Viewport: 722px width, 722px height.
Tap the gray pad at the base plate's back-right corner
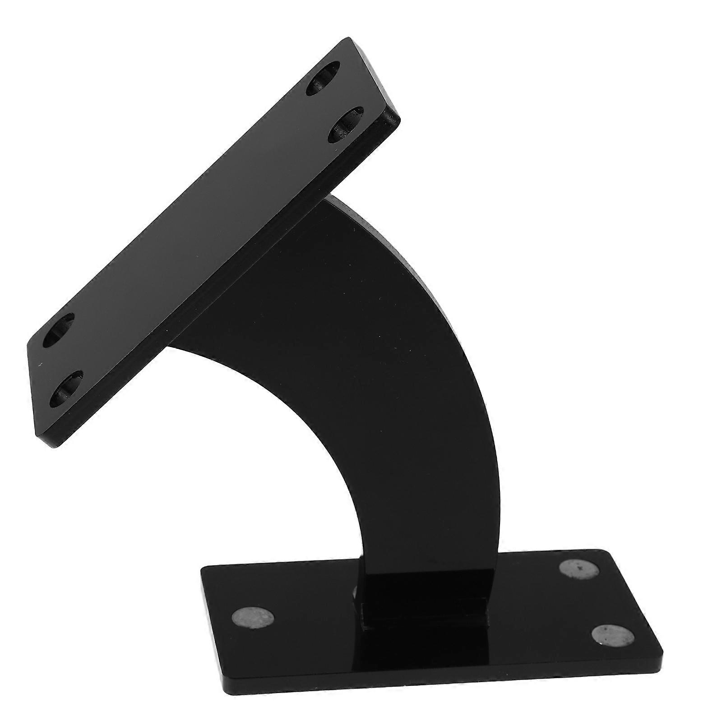tap(580, 568)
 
